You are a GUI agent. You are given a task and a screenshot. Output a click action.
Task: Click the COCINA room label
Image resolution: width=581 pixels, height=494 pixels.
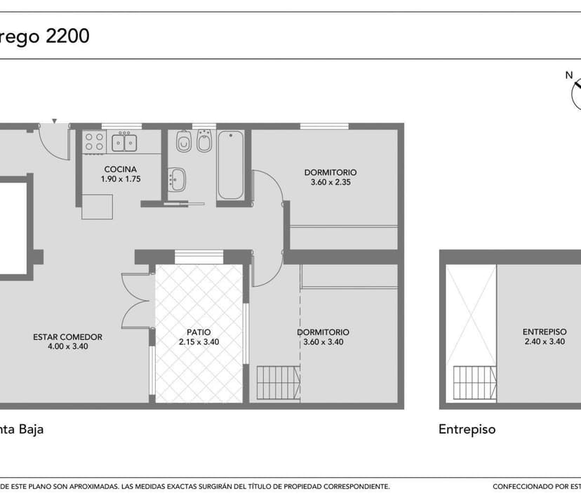[121, 169]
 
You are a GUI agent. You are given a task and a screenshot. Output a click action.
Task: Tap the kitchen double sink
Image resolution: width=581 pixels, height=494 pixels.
[124, 143]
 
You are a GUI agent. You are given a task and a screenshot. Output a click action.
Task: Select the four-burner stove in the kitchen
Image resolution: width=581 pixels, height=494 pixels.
[94, 142]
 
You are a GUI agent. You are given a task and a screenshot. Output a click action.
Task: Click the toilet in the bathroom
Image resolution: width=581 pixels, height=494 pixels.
[184, 141]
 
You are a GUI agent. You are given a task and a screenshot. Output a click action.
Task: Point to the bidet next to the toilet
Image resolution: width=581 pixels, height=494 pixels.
[204, 141]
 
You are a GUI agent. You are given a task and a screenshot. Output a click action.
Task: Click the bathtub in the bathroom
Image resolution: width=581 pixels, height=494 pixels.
[230, 165]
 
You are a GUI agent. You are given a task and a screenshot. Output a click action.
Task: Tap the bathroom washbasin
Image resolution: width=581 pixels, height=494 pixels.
[177, 180]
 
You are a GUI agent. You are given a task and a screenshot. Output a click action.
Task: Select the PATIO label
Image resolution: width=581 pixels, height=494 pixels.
[199, 332]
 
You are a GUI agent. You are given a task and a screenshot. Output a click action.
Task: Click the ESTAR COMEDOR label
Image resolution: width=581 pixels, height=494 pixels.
[68, 337]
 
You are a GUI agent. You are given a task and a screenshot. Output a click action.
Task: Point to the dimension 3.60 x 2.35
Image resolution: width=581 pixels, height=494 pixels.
[330, 182]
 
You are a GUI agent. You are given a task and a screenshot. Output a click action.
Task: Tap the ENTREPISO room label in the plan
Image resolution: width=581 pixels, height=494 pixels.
[545, 332]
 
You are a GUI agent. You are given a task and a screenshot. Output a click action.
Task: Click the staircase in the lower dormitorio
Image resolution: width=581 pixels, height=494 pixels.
[279, 383]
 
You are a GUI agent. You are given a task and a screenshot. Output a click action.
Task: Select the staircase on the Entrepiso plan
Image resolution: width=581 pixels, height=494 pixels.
[474, 383]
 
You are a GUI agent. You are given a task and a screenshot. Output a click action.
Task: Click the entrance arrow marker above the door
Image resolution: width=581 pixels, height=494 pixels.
[55, 121]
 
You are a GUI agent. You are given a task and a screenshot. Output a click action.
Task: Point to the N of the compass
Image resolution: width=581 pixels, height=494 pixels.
[569, 75]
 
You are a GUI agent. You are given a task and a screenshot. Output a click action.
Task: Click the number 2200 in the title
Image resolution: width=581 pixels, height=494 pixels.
[67, 36]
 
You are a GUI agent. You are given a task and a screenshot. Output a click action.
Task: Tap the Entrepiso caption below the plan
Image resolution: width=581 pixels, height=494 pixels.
[467, 429]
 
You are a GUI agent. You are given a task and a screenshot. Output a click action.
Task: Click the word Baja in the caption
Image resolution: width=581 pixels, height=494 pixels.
[31, 429]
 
